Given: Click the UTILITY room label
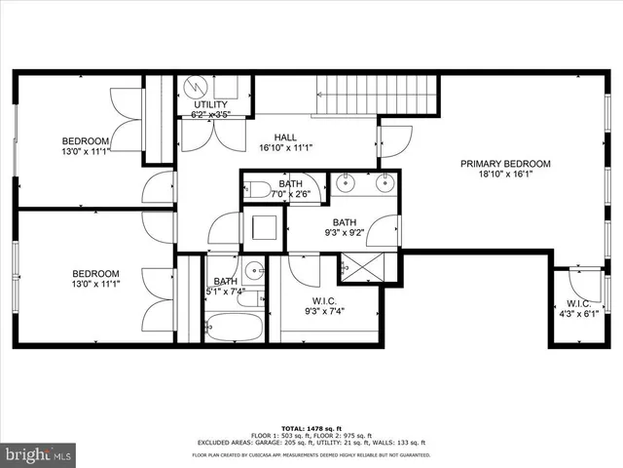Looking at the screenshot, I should coord(210,104).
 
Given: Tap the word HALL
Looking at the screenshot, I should coord(284,137).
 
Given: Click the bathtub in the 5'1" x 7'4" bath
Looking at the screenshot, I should coord(234,326).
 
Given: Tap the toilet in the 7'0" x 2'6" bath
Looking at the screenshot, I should coord(255,189).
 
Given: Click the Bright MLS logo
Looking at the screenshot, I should coord(38,453).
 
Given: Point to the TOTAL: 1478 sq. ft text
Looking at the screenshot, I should coord(311,429).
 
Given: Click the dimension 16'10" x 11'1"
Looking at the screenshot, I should coord(284,149).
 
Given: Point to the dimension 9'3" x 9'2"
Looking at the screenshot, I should coord(346,233).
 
